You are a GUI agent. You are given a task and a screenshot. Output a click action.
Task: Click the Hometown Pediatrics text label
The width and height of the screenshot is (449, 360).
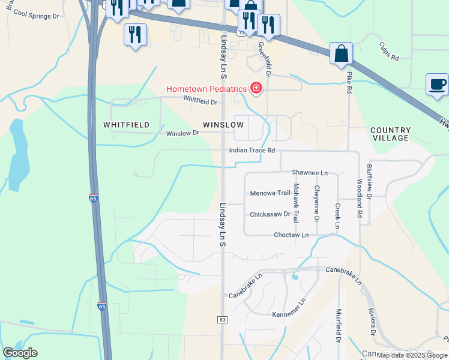click(206, 89)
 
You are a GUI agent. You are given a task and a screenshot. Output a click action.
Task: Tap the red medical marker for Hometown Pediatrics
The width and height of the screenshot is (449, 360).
click(256, 89)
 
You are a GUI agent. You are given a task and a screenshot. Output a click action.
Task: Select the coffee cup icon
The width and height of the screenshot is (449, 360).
click(437, 84)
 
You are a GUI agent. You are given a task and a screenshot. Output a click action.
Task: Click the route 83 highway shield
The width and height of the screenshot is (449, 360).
click(223, 320)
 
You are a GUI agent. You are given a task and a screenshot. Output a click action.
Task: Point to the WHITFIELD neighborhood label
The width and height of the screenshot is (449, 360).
click(126, 125)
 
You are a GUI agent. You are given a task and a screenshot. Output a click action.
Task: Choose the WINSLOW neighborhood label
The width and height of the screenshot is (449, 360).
click(223, 125)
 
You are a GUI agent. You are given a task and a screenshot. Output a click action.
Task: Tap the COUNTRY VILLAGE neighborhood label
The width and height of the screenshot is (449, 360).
click(391, 134)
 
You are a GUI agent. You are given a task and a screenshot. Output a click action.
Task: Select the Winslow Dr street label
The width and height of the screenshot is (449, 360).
click(182, 133)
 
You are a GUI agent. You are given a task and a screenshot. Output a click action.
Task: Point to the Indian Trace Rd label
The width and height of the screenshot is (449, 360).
click(252, 150)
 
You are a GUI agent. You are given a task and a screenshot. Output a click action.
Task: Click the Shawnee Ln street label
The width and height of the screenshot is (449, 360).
click(310, 172)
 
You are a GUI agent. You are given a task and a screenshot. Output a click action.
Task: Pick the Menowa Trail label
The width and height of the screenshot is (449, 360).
click(270, 193)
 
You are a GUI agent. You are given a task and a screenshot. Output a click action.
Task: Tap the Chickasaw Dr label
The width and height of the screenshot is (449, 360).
click(270, 214)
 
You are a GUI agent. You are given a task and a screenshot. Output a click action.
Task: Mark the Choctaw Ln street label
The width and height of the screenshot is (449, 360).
click(291, 235)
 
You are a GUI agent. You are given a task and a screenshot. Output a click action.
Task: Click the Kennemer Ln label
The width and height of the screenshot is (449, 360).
click(289, 314)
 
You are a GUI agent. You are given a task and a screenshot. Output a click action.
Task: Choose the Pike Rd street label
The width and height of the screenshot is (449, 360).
click(349, 82)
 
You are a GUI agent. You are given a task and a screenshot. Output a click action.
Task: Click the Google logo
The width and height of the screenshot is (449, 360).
click(20, 353)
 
